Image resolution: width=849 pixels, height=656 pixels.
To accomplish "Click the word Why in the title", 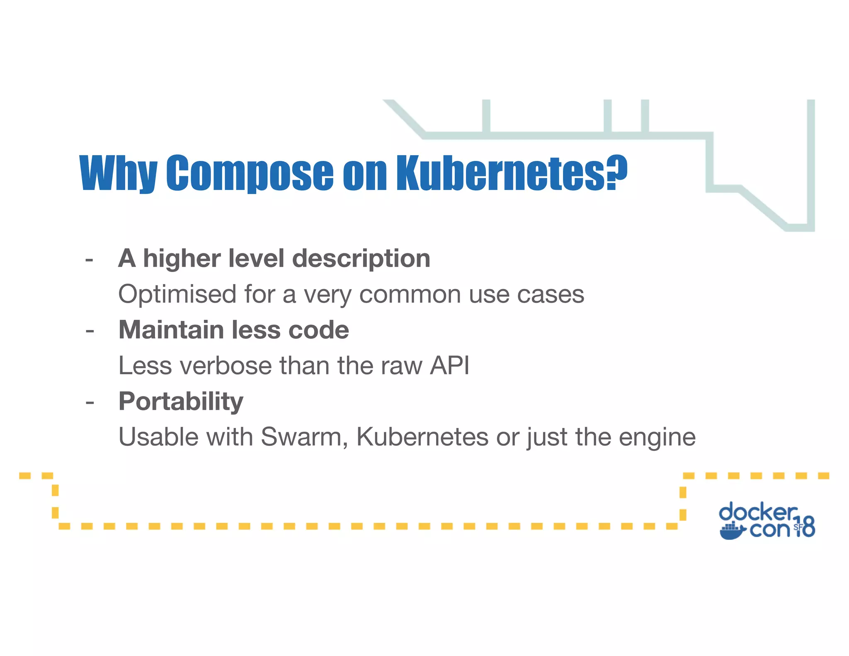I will click(118, 173).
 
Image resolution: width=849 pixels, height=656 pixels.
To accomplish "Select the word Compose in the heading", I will click(250, 173).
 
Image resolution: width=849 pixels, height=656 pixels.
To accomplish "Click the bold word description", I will click(361, 259).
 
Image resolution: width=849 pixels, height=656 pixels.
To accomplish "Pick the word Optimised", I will click(177, 294).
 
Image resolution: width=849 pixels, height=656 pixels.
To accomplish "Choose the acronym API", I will click(449, 366).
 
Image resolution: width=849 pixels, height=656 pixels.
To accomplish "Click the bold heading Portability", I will click(181, 401).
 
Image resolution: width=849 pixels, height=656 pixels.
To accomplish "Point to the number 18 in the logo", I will click(804, 527).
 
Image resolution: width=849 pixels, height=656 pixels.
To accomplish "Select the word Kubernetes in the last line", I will click(422, 437).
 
